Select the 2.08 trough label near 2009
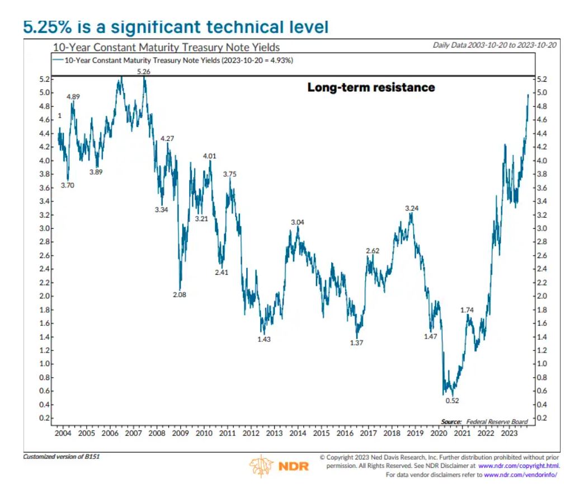(180, 294)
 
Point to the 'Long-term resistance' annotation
(371, 87)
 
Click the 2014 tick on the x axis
(298, 433)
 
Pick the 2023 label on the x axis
(509, 433)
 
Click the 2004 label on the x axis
(63, 433)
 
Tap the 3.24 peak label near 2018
(412, 208)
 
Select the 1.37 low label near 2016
(356, 342)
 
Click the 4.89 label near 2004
(73, 96)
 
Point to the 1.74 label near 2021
(468, 309)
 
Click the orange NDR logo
(279, 466)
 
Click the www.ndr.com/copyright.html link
(519, 466)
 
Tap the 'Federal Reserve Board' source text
(495, 421)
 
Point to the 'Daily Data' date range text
(495, 45)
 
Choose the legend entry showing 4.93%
(173, 59)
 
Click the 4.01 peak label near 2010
(209, 156)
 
